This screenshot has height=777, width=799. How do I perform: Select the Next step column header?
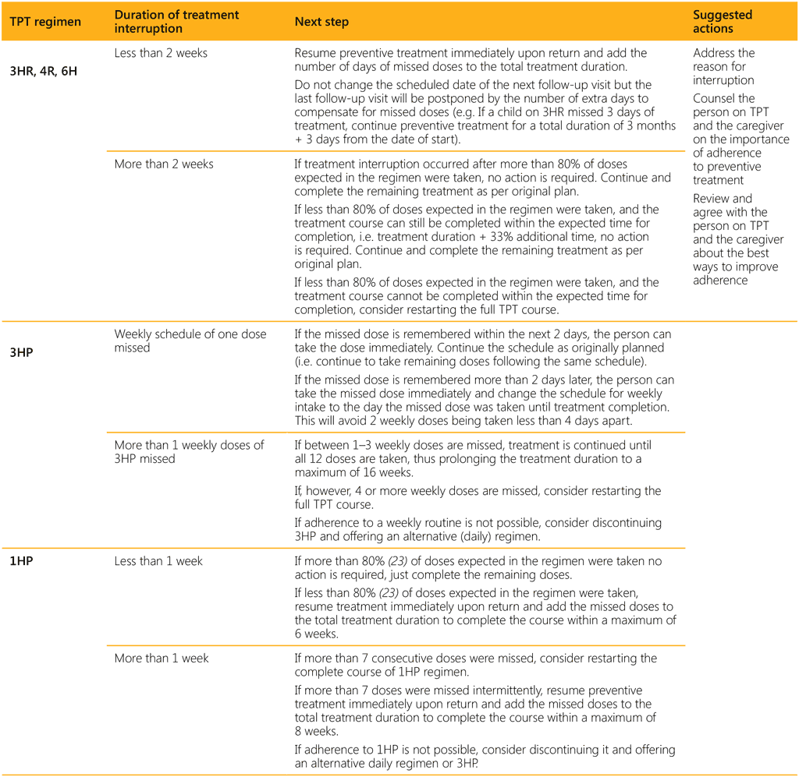pos(321,22)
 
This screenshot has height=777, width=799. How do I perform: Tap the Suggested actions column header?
pos(723,22)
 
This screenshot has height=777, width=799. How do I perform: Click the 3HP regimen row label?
pos(22,351)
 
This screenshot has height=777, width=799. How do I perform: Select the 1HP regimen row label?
pos(21,561)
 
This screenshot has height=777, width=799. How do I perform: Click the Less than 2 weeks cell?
pos(161,54)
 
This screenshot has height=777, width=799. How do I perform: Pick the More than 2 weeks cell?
pos(164,164)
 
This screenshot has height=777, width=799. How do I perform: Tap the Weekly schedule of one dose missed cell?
pos(190,341)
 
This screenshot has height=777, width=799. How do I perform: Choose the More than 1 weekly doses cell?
pos(190,452)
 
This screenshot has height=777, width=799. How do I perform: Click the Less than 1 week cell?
pos(158,561)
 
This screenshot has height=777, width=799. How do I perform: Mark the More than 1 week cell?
pos(162,659)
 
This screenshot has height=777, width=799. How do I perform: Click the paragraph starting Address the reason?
pos(724,66)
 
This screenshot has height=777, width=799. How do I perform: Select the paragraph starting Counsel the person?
pos(740,140)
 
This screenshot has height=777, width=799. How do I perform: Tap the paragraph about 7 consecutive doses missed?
pos(476,665)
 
